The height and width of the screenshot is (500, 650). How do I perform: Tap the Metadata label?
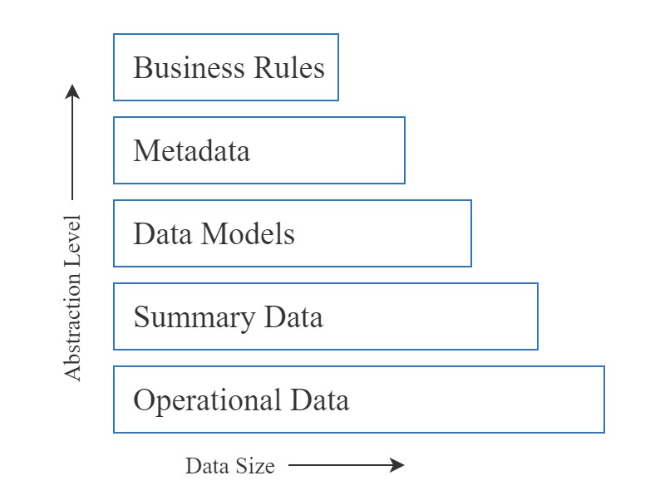(191, 151)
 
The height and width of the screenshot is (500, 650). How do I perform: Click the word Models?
(249, 234)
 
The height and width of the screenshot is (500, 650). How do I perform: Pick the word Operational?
(207, 400)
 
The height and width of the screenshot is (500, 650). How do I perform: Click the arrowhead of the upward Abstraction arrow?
(73, 91)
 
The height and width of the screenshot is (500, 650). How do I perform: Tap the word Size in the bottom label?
(254, 466)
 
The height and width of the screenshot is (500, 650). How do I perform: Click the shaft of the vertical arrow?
(73, 150)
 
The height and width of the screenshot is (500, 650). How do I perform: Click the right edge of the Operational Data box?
(604, 400)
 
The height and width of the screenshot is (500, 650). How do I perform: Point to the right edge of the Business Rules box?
(338, 67)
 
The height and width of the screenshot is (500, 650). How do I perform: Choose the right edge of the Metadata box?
(405, 150)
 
